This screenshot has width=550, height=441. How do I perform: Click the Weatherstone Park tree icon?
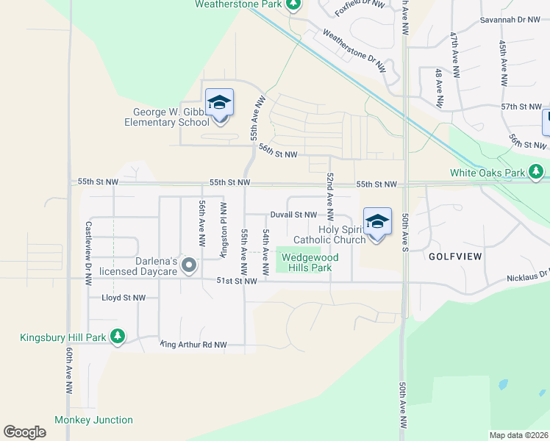[293, 4]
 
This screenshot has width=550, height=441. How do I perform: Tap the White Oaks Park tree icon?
[537, 173]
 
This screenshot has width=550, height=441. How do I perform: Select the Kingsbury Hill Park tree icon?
[117, 337]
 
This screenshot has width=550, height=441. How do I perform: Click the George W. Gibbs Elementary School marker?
[219, 104]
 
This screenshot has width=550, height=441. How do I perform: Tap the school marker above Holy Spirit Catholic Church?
[377, 222]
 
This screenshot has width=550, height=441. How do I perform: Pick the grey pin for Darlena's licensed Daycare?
[189, 265]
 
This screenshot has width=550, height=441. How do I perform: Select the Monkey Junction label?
[93, 420]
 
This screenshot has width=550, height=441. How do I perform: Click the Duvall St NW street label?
[293, 215]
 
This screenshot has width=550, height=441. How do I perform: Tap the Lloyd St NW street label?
[124, 298]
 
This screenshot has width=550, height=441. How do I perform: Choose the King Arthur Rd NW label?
[193, 344]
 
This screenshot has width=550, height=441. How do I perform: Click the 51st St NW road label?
[236, 281]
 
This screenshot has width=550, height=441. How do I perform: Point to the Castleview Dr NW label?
[87, 254]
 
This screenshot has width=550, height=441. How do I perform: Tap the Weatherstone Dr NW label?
[354, 51]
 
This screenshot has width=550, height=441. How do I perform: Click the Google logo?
[24, 432]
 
